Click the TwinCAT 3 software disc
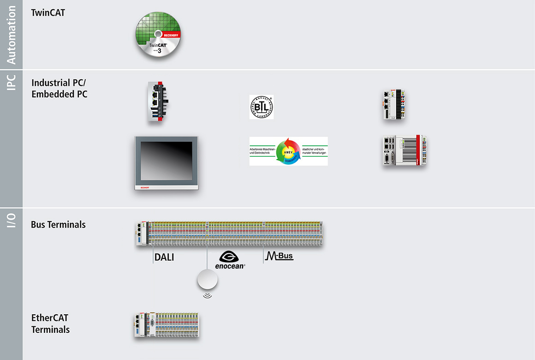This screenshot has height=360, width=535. pyautogui.click(x=158, y=36)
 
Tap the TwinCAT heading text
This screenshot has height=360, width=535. pyautogui.click(x=48, y=12)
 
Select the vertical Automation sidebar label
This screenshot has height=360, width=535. pyautogui.click(x=11, y=35)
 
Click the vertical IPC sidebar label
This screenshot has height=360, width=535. pyautogui.click(x=11, y=82)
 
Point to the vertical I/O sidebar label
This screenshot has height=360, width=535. pyautogui.click(x=11, y=220)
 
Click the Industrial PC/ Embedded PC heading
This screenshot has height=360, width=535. pyautogui.click(x=59, y=89)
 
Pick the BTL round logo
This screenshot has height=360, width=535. pyautogui.click(x=261, y=107)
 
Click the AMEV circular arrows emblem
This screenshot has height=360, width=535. pyautogui.click(x=289, y=151)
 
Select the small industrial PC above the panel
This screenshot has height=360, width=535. pyautogui.click(x=156, y=102)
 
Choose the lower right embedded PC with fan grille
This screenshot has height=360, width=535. pyautogui.click(x=404, y=151)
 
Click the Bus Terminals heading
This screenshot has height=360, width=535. pyautogui.click(x=58, y=225)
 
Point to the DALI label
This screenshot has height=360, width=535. pyautogui.click(x=164, y=258)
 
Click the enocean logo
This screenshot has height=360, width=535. pyautogui.click(x=230, y=260)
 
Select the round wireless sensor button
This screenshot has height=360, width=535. pyautogui.click(x=207, y=280)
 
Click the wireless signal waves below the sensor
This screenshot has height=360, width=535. pyautogui.click(x=208, y=294)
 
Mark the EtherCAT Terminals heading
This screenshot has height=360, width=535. pyautogui.click(x=50, y=324)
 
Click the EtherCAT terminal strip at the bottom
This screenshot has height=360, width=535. pyautogui.click(x=167, y=326)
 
